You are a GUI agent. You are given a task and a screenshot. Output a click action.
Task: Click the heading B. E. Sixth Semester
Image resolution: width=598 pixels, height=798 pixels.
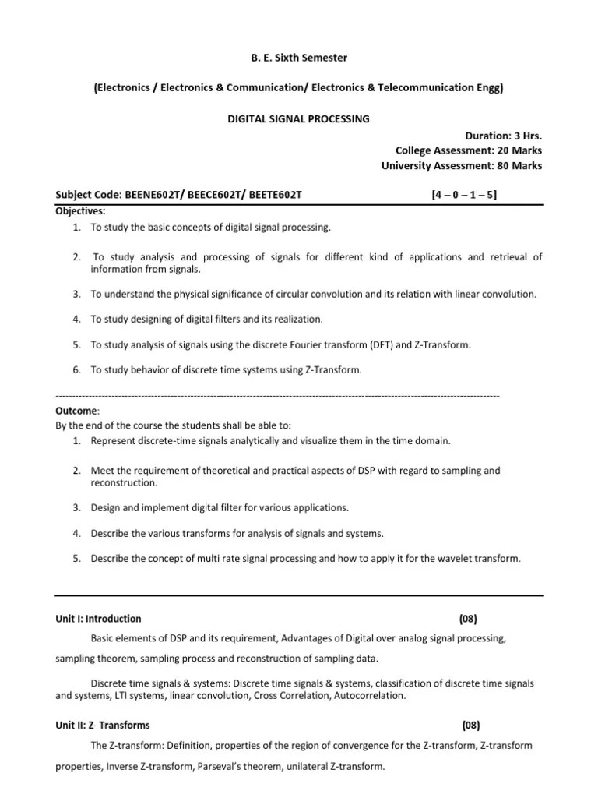point(298,58)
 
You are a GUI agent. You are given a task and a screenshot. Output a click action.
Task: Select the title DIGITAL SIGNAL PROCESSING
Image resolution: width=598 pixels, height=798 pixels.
point(298,118)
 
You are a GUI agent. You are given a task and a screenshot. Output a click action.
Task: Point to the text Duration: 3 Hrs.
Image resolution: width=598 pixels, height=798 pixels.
point(504,135)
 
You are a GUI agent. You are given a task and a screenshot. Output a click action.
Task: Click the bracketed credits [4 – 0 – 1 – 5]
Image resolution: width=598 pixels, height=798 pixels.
point(464,196)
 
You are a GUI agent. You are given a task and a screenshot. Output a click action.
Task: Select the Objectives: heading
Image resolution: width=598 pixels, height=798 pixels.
point(81,211)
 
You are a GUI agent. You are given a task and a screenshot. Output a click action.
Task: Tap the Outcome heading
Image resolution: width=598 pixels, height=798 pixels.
point(76,411)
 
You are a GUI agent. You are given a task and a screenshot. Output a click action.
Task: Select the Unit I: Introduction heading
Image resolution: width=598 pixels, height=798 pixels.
point(98,619)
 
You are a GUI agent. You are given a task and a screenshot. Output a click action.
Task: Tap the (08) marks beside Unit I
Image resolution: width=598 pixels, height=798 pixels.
point(467,619)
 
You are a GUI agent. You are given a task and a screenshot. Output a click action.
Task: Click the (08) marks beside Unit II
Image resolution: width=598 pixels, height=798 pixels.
point(470,725)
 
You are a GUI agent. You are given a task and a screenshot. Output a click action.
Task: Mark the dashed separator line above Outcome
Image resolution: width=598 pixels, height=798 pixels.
point(277,396)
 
